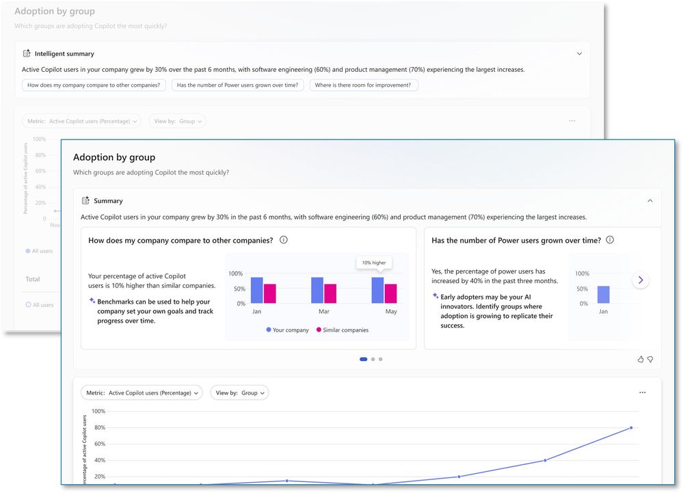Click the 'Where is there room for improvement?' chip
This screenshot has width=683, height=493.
(364, 85)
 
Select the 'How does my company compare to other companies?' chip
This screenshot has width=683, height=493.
(94, 85)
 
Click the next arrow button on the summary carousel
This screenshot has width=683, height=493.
(641, 280)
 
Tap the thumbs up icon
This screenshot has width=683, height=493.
(641, 359)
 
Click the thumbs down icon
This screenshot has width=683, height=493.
(650, 359)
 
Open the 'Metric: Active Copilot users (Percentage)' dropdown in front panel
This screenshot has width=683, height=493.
(142, 392)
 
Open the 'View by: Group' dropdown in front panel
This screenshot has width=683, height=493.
(239, 392)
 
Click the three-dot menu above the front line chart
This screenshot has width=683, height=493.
(642, 392)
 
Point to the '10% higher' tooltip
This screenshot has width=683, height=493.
(373, 263)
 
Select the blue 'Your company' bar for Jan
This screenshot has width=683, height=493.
(256, 290)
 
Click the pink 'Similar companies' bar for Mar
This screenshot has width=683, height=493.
(330, 293)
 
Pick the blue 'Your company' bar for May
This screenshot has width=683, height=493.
(377, 290)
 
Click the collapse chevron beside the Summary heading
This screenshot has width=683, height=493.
(649, 201)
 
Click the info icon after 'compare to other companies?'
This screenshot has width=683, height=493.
(284, 240)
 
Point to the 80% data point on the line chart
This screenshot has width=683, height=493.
(630, 428)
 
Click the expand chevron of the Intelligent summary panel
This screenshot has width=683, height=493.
(579, 53)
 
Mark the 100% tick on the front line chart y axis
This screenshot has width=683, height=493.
(98, 412)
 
